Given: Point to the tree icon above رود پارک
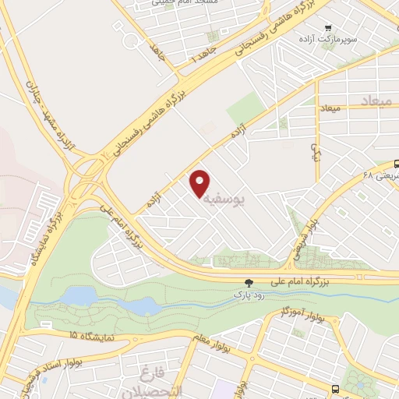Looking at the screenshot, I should [x=249, y=284].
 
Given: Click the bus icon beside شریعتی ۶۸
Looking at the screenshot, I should [x=397, y=164].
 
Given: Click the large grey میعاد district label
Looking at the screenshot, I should [x=380, y=101].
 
